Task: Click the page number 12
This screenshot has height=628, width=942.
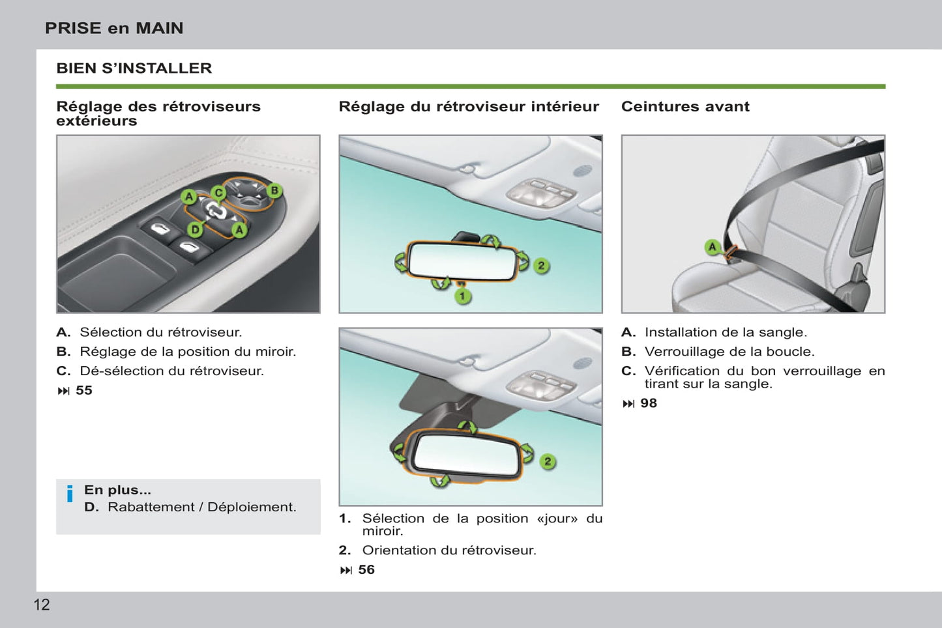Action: coord(42,605)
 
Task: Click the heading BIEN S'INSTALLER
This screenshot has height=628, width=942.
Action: coord(134,68)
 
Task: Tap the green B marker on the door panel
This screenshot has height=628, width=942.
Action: coord(274,190)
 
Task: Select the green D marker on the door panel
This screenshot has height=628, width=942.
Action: coord(195,229)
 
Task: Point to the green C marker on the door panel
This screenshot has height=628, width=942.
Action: coord(218,193)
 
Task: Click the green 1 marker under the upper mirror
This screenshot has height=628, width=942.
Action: coord(463,296)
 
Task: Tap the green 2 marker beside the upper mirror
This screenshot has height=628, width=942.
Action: coord(541,265)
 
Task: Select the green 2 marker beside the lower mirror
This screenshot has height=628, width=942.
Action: coord(548,461)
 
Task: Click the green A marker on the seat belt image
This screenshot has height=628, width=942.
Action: coord(713,247)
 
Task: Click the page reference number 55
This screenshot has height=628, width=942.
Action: coord(84,390)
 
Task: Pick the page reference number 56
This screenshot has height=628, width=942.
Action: coord(366,569)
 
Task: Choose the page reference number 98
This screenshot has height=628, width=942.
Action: coord(649,403)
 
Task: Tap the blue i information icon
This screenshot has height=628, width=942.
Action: coord(70,494)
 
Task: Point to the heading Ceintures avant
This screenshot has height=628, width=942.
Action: coord(685,106)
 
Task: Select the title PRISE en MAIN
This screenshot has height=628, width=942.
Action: coord(114,28)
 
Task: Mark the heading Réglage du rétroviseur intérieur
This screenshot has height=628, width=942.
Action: coord(468,106)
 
